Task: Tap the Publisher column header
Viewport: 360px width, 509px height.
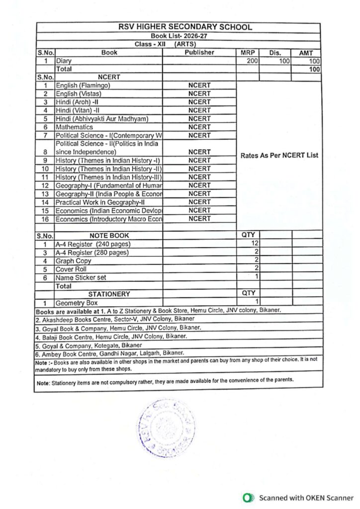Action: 199,52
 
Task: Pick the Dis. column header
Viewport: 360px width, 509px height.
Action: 275,53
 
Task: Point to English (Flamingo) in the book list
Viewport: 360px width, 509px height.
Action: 83,85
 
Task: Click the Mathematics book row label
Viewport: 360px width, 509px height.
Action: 74,127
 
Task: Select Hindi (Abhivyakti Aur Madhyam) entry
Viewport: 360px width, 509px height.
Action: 102,119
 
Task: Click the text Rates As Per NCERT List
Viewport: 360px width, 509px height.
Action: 279,155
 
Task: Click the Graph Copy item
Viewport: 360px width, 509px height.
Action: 73,260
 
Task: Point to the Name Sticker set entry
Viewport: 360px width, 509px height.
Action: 81,277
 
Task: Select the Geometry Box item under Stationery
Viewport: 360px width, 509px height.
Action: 77,302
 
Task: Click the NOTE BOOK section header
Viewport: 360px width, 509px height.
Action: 109,235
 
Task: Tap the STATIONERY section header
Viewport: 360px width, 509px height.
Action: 109,294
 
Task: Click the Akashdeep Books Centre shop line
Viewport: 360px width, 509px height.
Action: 114,319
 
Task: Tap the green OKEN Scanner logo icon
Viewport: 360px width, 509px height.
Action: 247,497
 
